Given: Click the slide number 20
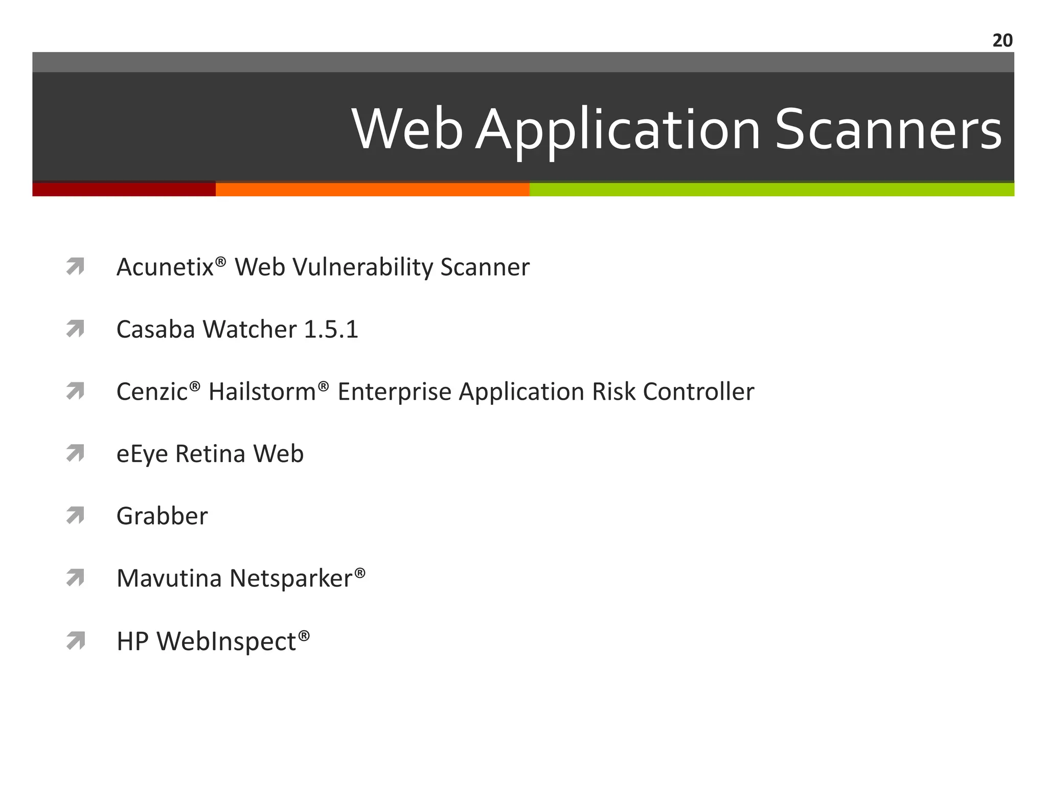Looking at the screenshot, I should click(x=1002, y=40).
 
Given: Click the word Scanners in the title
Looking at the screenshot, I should click(x=888, y=130).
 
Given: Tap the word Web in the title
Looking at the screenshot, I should click(x=407, y=130).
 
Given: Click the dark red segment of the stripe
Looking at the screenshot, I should click(x=124, y=189).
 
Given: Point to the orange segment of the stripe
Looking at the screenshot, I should click(x=372, y=189).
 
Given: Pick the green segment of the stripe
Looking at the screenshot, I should click(x=771, y=189).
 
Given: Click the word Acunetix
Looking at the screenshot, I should click(x=165, y=267).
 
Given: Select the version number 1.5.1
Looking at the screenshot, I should click(x=331, y=330).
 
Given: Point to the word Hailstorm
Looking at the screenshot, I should click(x=262, y=392).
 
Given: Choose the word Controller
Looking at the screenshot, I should click(x=698, y=392).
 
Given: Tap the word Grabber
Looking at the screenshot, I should click(x=162, y=516).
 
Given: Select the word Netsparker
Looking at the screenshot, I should click(x=291, y=579).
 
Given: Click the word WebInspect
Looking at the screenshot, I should click(x=226, y=642).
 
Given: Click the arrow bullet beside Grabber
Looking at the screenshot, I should click(x=75, y=516).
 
